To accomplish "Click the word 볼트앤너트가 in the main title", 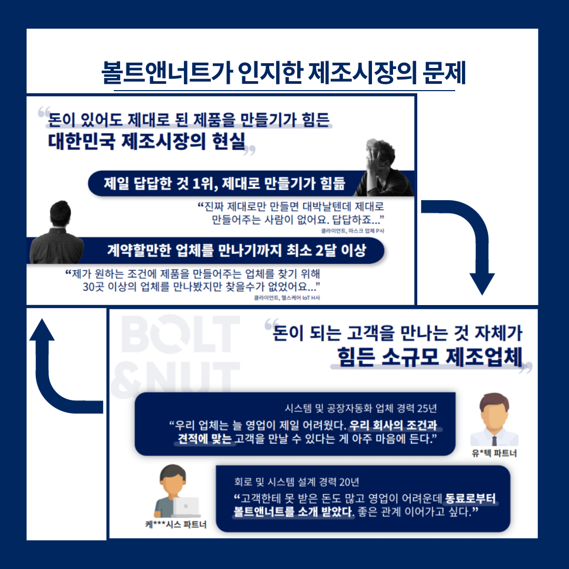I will pos(164,74).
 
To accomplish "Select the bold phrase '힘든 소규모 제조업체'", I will pos(429,358).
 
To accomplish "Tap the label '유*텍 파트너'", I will pos(494,453).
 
